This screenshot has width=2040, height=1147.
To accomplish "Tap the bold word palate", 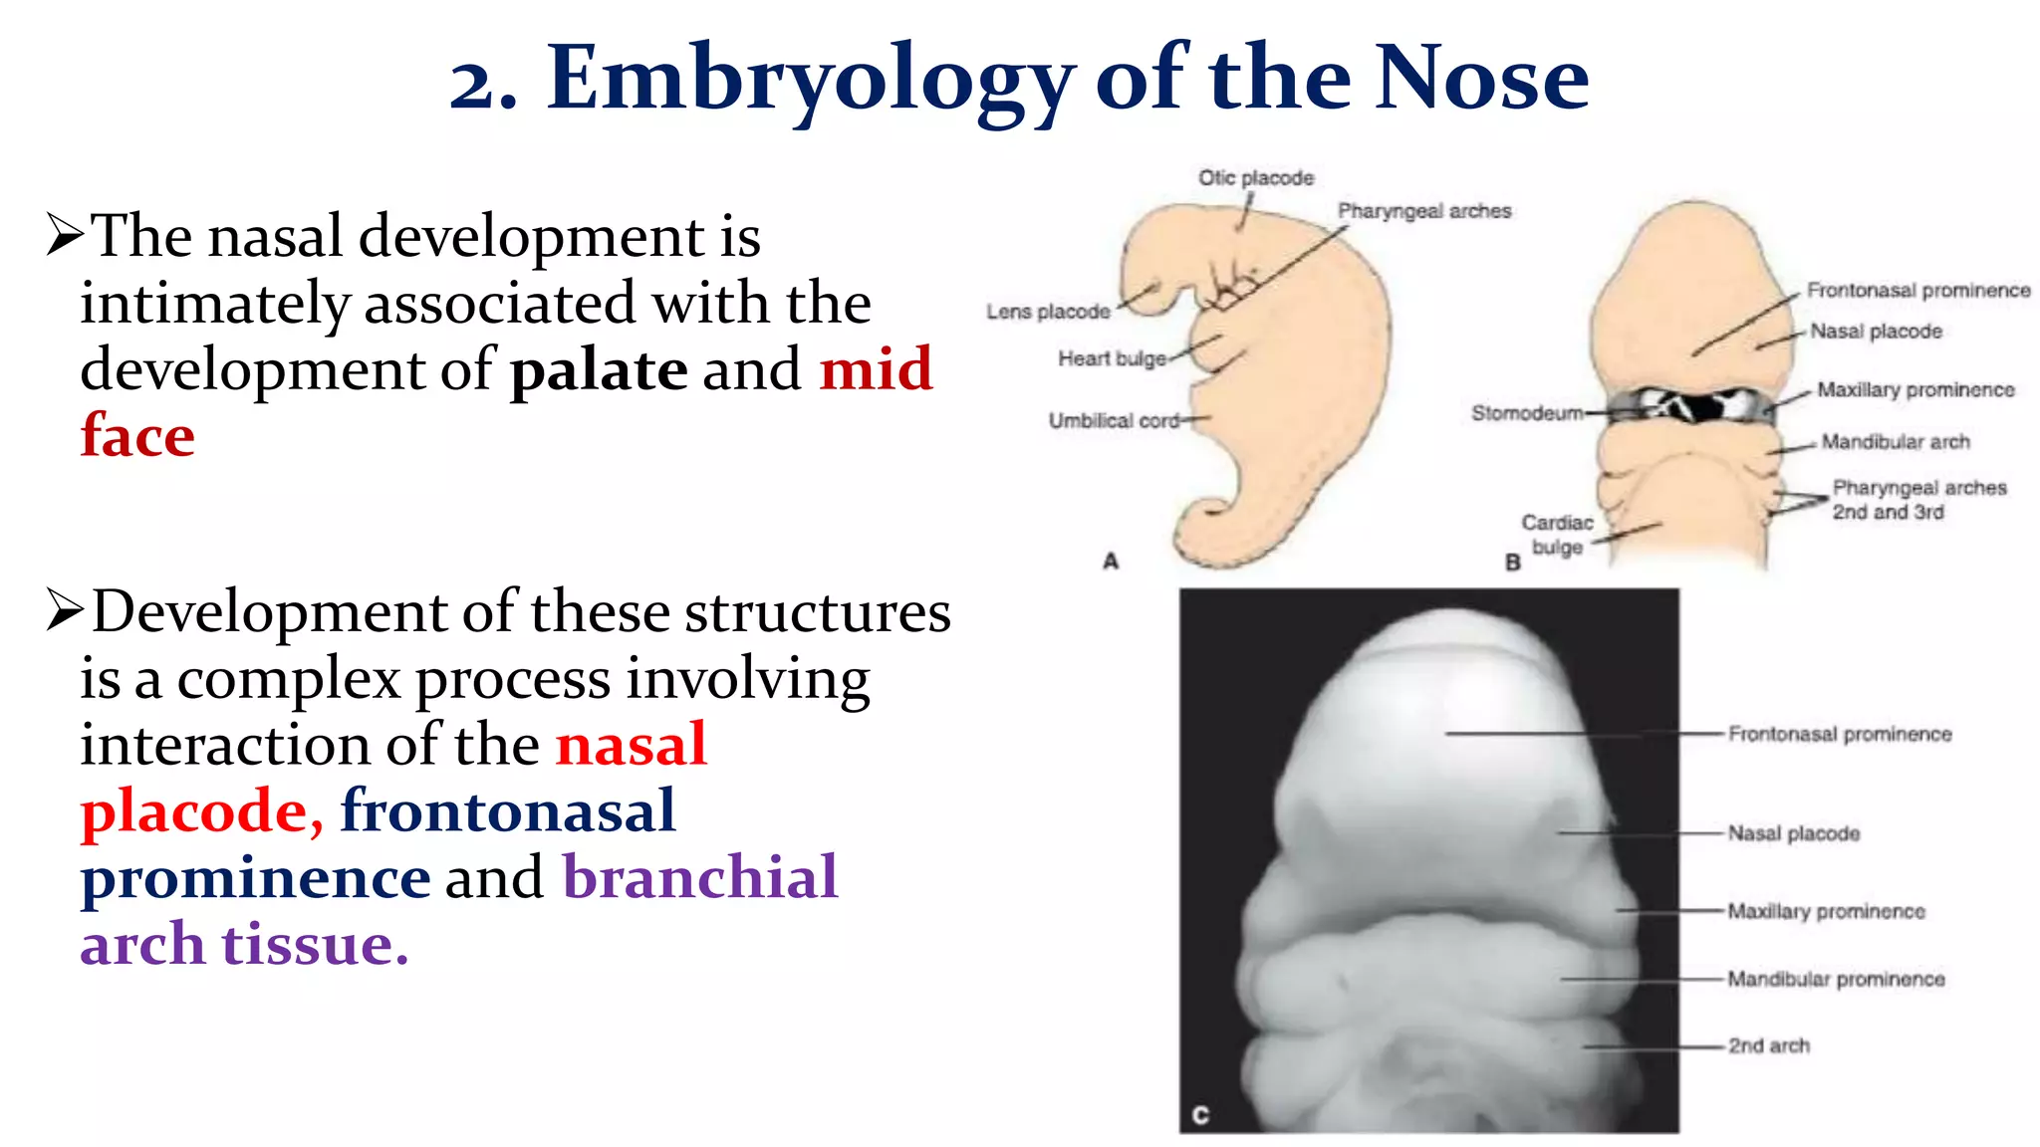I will pyautogui.click(x=599, y=369).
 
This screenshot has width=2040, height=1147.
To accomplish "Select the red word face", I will pyautogui.click(x=137, y=436).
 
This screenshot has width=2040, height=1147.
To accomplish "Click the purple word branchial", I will pyautogui.click(x=700, y=877).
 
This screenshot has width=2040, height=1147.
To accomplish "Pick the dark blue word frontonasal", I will pyautogui.click(x=508, y=810).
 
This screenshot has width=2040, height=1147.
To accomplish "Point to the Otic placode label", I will pyautogui.click(x=1255, y=178).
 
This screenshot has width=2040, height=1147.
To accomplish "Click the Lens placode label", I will pyautogui.click(x=1048, y=312).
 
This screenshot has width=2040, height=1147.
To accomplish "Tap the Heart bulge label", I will pyautogui.click(x=1112, y=358).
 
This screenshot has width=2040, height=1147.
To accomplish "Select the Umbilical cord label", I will pyautogui.click(x=1114, y=421).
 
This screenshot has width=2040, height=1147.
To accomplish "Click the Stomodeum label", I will pyautogui.click(x=1526, y=412).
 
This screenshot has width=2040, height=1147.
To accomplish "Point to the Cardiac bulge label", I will pyautogui.click(x=1557, y=535).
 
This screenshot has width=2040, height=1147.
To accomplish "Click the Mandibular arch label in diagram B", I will pyautogui.click(x=1895, y=442).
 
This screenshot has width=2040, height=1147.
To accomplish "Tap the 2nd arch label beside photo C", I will pyautogui.click(x=1768, y=1045).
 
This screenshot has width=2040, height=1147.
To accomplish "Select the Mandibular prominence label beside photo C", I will pyautogui.click(x=1836, y=979).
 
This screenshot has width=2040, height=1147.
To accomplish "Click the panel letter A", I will pyautogui.click(x=1111, y=562).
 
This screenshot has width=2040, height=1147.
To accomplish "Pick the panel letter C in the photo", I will pyautogui.click(x=1200, y=1115).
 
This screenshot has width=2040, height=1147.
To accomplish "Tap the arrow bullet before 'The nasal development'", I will pyautogui.click(x=65, y=236).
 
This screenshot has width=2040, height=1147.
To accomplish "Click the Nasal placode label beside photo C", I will pyautogui.click(x=1793, y=833).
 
